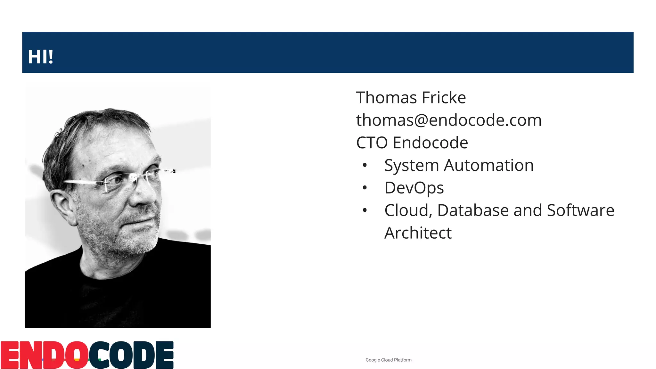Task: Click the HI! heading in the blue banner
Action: point(40,57)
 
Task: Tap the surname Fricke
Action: point(444,98)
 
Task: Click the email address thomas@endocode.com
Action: point(449,120)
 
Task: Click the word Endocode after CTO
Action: point(430,143)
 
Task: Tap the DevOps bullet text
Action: point(414,188)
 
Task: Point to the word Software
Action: point(580,210)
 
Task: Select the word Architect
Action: point(418,233)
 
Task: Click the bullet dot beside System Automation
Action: point(365,165)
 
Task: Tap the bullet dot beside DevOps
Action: point(365,188)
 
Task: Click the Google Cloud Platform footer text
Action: point(389,360)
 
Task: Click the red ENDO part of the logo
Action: point(44,355)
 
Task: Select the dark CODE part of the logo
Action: point(131,355)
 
